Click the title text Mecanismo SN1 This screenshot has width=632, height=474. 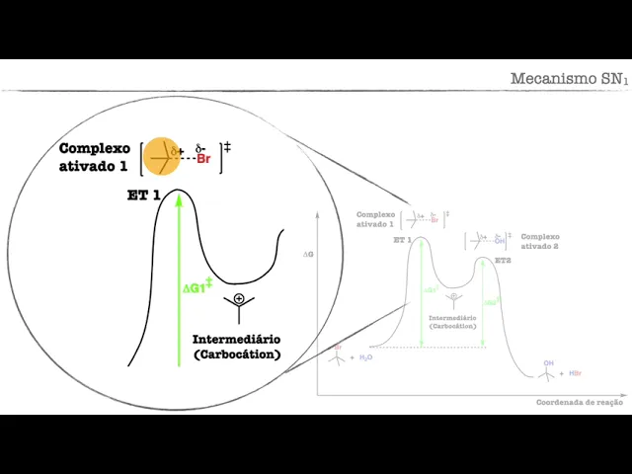pos(568,78)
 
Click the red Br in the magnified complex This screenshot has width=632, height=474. pos(204,158)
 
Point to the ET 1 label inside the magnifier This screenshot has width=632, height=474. pos(143,196)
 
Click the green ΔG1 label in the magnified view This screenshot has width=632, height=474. pos(197,287)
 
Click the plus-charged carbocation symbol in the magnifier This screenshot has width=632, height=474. pos(239,299)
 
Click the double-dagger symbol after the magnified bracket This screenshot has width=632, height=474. pos(227,147)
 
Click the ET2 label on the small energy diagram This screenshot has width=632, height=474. pos(503,260)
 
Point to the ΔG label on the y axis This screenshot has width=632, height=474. pos(309,254)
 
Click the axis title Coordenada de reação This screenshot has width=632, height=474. pos(580,402)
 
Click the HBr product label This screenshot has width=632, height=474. pos(575,373)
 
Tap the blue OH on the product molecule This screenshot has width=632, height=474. pos(548,362)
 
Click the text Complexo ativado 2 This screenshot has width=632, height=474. pos(539,242)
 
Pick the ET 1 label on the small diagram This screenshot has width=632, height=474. pos(402,240)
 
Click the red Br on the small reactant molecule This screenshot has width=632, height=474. pos(338,347)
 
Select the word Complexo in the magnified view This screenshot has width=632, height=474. pos(95,148)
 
